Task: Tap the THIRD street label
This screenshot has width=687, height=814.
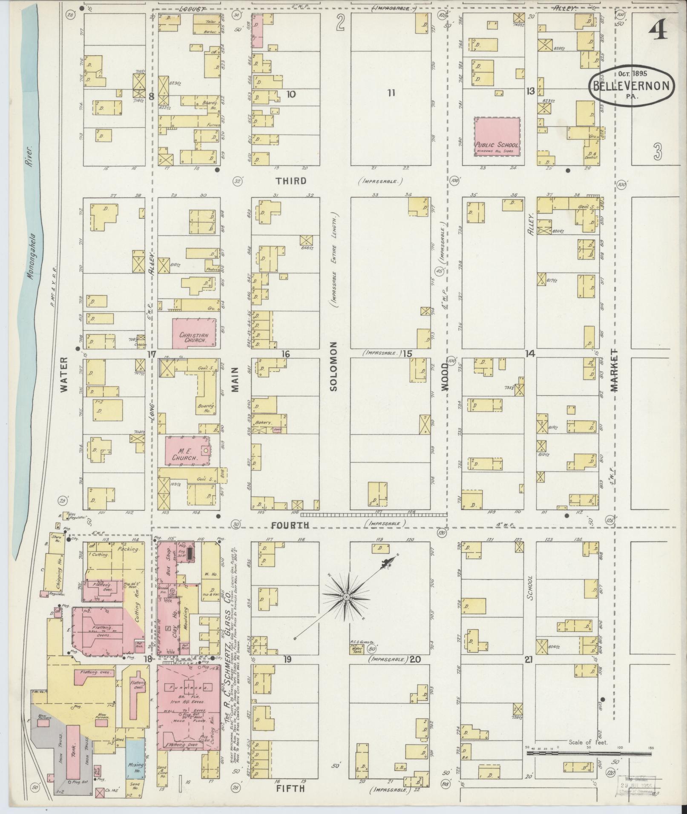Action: [291, 181]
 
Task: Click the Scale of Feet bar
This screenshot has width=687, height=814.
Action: [589, 753]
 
